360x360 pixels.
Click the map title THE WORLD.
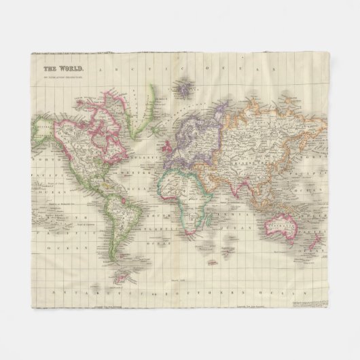click(64, 69)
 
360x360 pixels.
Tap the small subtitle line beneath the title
click(64, 76)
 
